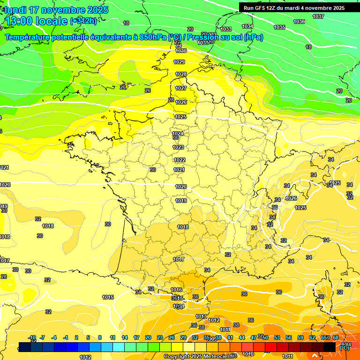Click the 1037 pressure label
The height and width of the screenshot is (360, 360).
click(x=318, y=16)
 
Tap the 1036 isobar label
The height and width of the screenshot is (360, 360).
click(x=299, y=22)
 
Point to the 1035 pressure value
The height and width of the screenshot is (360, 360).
click(x=279, y=27)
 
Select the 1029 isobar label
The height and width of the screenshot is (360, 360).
click(x=179, y=62)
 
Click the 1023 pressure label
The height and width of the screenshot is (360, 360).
click(x=178, y=147)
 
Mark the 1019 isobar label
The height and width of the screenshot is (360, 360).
click(x=181, y=201)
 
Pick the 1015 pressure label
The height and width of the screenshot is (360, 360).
click(x=108, y=297)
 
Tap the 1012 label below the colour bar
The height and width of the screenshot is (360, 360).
click(x=85, y=357)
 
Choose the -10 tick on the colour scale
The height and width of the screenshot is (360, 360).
click(x=32, y=337)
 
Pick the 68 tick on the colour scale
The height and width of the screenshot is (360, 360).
click(x=336, y=337)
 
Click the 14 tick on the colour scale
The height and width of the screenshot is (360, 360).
click(x=125, y=337)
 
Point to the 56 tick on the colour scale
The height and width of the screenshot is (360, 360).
click(x=289, y=337)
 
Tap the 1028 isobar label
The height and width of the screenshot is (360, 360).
click(x=181, y=75)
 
